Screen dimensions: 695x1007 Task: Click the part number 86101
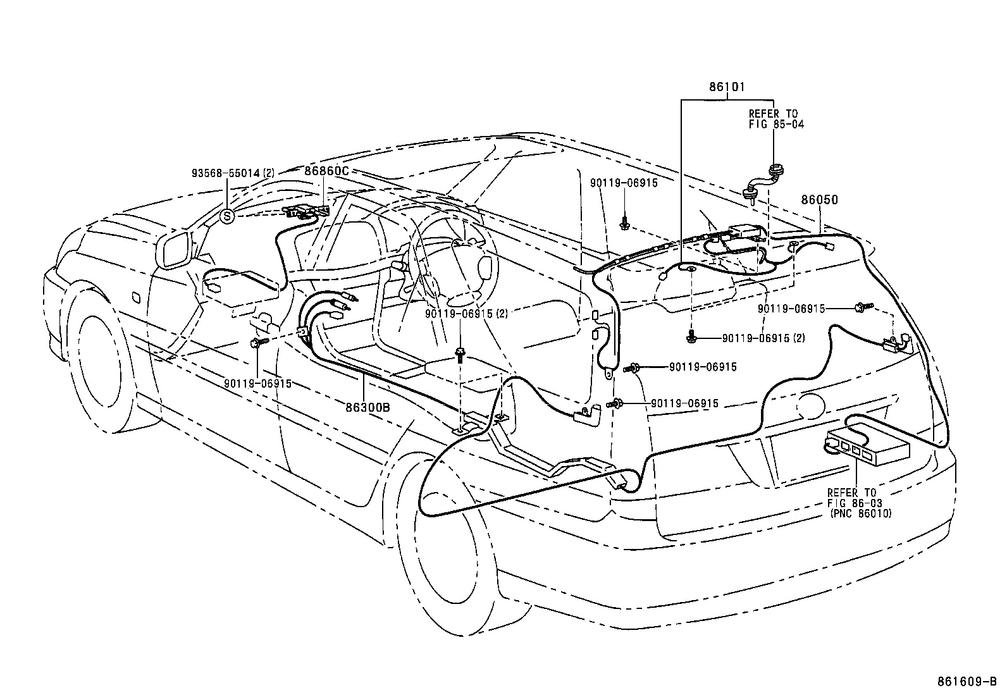tap(727, 87)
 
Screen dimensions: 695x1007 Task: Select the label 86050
tap(819, 200)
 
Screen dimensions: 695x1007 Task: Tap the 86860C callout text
tap(327, 171)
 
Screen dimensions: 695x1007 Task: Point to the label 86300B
tap(368, 407)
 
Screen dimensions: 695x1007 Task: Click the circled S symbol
tap(228, 216)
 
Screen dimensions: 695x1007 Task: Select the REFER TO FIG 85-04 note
tap(776, 119)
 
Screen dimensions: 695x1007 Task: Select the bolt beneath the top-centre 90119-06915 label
tap(624, 222)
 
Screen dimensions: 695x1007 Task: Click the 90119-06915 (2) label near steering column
tap(466, 311)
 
